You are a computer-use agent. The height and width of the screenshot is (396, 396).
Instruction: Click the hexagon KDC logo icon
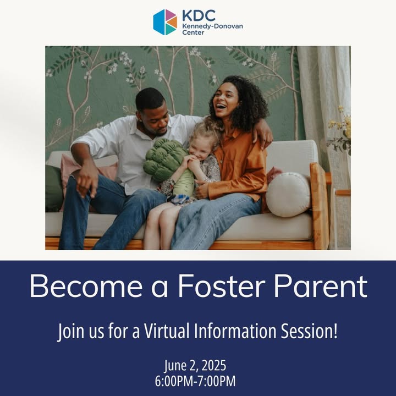(x=165, y=22)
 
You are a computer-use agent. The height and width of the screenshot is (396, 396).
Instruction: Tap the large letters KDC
(x=199, y=15)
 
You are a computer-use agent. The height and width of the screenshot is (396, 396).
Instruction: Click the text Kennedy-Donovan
(x=212, y=26)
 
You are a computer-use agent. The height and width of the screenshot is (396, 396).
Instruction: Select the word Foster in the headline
(x=222, y=286)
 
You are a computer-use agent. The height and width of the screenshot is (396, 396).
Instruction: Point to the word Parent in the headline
(x=321, y=286)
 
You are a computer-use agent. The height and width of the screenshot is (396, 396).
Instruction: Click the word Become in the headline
(x=86, y=286)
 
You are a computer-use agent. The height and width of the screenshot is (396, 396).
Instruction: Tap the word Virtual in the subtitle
(x=167, y=331)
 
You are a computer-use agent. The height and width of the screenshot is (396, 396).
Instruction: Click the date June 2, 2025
(x=195, y=366)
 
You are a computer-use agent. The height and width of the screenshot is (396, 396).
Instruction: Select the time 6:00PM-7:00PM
(x=195, y=381)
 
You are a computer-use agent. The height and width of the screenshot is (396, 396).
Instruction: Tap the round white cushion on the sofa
(x=288, y=195)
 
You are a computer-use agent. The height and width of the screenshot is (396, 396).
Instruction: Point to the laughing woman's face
(x=226, y=100)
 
